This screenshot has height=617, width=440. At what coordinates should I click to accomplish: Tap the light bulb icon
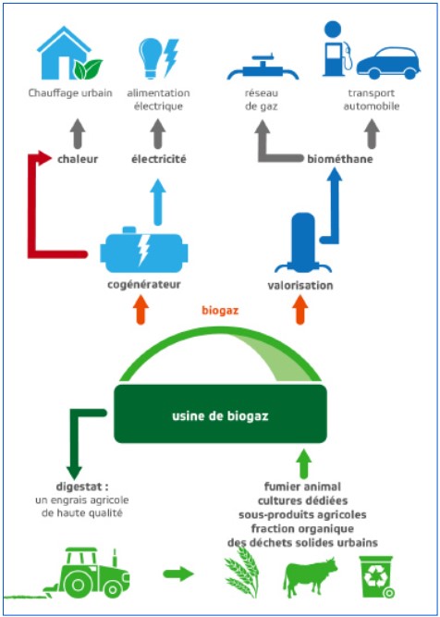152,58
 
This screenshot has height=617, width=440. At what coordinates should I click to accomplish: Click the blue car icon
388,63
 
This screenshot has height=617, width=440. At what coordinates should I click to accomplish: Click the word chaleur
78,159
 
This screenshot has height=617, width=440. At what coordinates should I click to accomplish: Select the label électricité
158,159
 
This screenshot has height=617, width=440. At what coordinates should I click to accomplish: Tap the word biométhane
340,159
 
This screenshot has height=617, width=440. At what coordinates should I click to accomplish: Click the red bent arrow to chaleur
32,204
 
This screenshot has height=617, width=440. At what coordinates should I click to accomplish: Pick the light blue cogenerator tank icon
144,250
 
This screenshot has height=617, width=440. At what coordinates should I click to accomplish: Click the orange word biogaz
220,310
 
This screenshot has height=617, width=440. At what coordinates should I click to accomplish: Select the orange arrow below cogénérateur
141,311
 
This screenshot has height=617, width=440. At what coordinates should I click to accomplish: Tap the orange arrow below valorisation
300,311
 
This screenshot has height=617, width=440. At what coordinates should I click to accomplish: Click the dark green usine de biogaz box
220,414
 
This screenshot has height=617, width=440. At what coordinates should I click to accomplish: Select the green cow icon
311,575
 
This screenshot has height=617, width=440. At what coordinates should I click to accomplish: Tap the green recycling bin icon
376,576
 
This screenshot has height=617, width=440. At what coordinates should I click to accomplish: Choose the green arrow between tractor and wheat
178,574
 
